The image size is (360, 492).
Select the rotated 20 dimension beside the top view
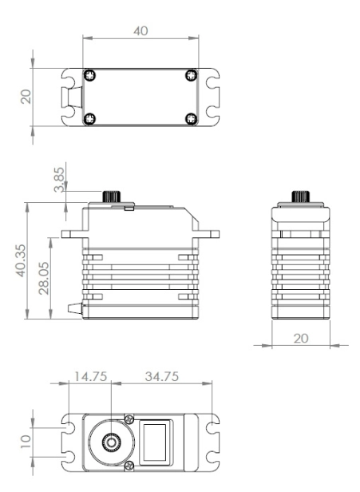25,97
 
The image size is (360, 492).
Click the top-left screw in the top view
90,76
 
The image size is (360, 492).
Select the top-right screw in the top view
190,76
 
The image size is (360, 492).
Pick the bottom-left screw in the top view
90,119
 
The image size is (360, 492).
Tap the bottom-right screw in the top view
190,119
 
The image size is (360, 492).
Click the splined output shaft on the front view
110,197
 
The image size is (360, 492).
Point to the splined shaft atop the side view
300,197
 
